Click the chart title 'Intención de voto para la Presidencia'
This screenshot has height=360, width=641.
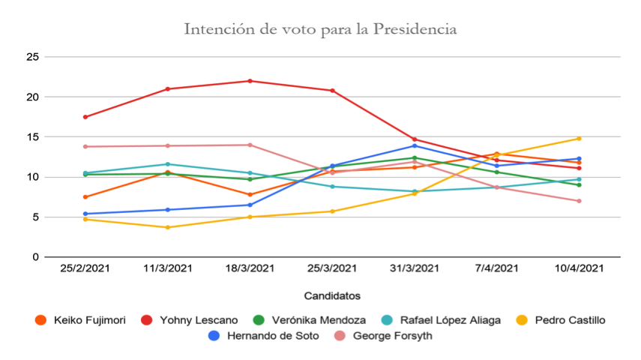pos(320,30)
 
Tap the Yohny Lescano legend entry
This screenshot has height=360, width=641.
pos(190,320)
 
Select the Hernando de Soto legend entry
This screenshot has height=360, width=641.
pos(265,336)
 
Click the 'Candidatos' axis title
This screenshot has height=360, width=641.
pos(332,295)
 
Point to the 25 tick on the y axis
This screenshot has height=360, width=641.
pos(32,57)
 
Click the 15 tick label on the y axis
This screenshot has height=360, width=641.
pos(32,137)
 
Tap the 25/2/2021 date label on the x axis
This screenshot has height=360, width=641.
pos(85,268)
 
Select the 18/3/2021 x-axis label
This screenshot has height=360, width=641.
pos(250,268)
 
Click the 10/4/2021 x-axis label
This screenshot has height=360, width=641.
pos(579,268)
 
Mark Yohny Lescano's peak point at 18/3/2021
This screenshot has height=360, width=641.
pos(250,81)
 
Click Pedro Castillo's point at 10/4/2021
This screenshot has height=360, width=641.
pos(579,139)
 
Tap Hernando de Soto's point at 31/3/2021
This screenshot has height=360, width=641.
pos(415,145)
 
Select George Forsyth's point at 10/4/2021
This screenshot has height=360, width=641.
pos(579,201)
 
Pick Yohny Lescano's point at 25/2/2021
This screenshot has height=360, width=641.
pos(85,117)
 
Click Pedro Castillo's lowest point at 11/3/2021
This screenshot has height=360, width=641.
pos(168,227)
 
